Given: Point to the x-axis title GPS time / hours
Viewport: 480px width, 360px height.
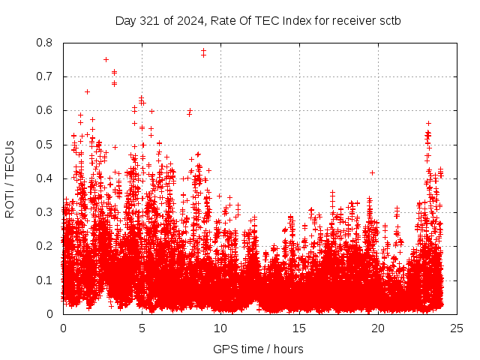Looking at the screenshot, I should [x=258, y=349].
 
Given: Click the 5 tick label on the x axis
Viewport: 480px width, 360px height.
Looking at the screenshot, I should [x=142, y=328].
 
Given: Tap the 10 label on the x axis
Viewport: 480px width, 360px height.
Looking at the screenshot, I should [x=220, y=328].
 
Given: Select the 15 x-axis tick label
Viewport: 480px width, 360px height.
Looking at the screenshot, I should [x=299, y=328].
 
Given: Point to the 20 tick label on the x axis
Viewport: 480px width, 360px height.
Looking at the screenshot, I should [x=378, y=328].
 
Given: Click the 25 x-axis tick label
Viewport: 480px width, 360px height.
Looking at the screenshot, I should [x=457, y=328].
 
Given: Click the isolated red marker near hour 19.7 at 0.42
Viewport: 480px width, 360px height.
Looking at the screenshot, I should [x=373, y=172].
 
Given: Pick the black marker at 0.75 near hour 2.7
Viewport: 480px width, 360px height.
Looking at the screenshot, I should [x=106, y=59].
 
